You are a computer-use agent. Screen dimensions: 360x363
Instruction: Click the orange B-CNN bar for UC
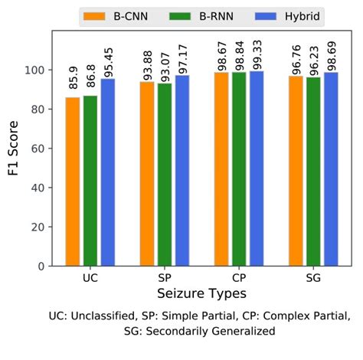[72, 182]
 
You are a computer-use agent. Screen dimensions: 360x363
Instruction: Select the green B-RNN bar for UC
[90, 181]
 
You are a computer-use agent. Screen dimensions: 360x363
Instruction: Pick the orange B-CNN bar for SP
[146, 174]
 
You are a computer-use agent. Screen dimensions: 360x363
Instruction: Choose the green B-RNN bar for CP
[239, 169]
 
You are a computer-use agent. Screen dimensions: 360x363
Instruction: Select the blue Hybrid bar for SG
[331, 169]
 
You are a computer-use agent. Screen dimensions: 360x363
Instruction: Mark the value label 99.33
[257, 51]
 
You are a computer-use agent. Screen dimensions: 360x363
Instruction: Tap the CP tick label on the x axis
[239, 277]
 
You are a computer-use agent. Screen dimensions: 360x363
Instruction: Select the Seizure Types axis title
[201, 293]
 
